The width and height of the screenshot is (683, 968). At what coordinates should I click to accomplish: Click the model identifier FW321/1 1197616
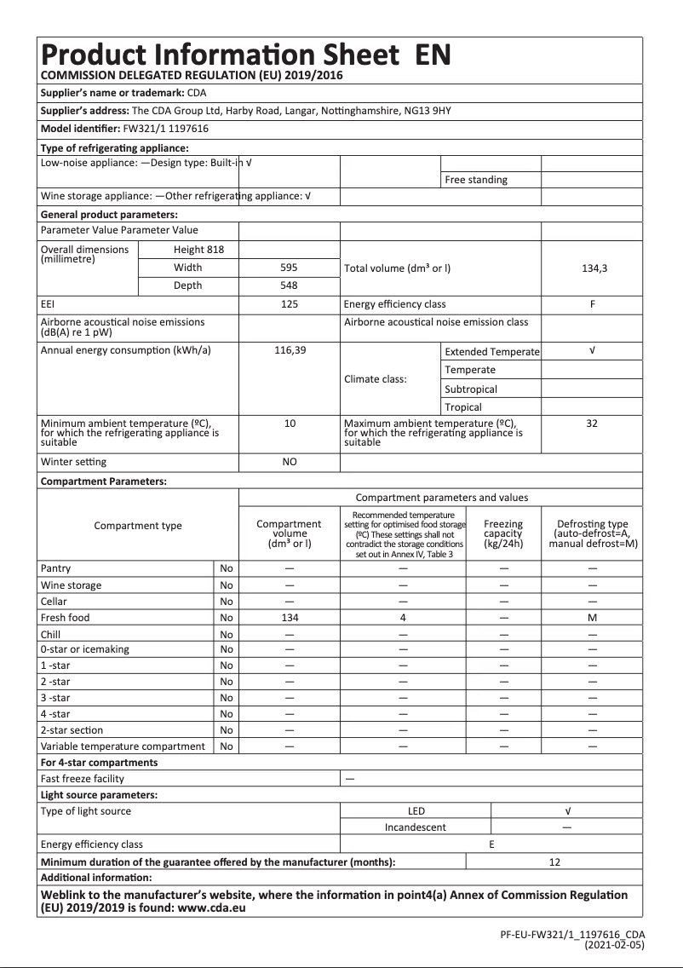pos(167,129)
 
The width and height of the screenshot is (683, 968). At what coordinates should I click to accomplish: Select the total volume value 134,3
pos(594,268)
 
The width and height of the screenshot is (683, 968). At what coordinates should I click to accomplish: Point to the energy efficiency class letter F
pos(592,304)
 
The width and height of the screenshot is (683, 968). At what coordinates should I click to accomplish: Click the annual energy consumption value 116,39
pos(290,351)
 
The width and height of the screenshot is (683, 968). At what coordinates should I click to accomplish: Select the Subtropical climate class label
pos(471,389)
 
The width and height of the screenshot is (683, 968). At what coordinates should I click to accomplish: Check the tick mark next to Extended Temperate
pos(592,351)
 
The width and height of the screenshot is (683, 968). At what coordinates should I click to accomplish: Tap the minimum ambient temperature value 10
pos(290,423)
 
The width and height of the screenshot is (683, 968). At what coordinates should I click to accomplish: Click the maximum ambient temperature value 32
pos(592,423)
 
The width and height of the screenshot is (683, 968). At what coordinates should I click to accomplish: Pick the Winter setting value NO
pos(290,462)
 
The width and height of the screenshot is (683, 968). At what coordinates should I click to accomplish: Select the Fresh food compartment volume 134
pos(290,618)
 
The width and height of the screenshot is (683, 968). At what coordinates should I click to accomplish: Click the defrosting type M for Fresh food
pos(592,618)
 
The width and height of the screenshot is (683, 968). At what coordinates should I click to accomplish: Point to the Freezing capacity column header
pos(503,533)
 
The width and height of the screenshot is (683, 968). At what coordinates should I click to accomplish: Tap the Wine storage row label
pos(71,585)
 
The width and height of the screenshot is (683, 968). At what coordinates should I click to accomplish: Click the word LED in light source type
pos(416,811)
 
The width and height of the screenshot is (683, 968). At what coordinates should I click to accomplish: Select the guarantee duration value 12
pos(554,862)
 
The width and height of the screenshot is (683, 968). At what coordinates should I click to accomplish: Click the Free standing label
pos(475,180)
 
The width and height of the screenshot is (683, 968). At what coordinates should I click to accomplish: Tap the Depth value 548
pos(289,285)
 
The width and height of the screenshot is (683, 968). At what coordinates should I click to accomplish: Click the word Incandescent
pos(415,827)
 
